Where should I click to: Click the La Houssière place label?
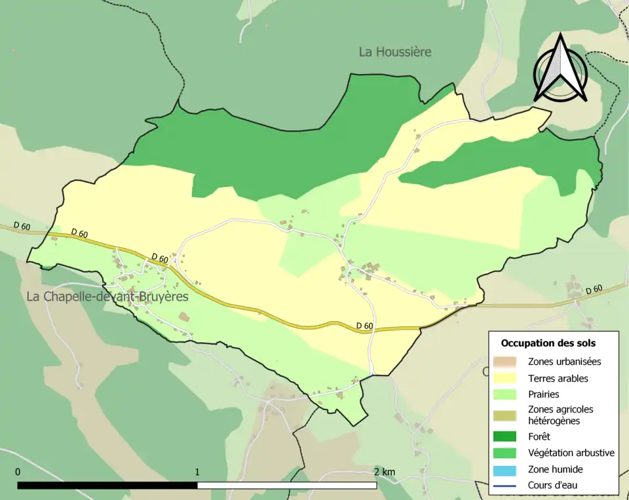(x=395, y=52)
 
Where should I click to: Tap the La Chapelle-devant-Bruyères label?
(x=107, y=297)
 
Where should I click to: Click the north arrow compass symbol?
(x=560, y=69)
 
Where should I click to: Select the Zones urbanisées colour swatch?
(x=505, y=362)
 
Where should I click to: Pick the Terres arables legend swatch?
(x=505, y=378)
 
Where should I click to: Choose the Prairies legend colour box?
(x=505, y=394)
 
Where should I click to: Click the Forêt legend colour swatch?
(x=505, y=436)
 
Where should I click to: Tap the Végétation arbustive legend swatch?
(x=505, y=453)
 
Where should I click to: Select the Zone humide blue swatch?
(x=505, y=469)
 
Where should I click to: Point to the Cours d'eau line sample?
(x=505, y=486)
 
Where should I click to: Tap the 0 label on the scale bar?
(x=18, y=472)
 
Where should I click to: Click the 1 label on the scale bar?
(x=197, y=472)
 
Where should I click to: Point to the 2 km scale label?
(x=385, y=472)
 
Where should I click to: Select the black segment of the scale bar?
(x=107, y=486)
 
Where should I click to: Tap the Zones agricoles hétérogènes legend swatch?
(x=505, y=415)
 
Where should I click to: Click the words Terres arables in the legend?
(x=558, y=378)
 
